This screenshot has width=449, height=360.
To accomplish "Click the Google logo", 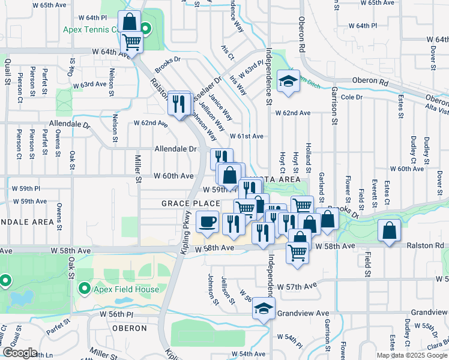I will click(x=20, y=353).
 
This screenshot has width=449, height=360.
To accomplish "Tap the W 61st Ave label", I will click(x=246, y=137).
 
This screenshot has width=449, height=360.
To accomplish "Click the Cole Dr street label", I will click(x=352, y=97).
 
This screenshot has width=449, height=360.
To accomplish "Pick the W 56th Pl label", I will click(x=117, y=314).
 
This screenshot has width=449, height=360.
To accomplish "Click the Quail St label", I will click(x=8, y=72).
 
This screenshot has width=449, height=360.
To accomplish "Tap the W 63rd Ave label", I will click(x=89, y=84).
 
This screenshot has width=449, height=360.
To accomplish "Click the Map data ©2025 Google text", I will click(x=411, y=355).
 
